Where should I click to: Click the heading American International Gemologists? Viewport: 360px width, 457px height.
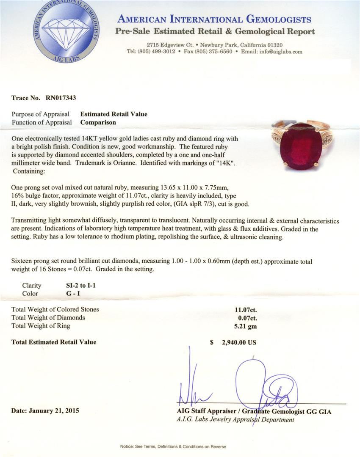(x=214, y=19)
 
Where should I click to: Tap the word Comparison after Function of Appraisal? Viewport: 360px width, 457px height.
(x=98, y=122)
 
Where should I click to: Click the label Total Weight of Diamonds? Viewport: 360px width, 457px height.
(x=48, y=317)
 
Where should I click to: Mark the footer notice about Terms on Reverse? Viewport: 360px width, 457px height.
(x=173, y=446)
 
